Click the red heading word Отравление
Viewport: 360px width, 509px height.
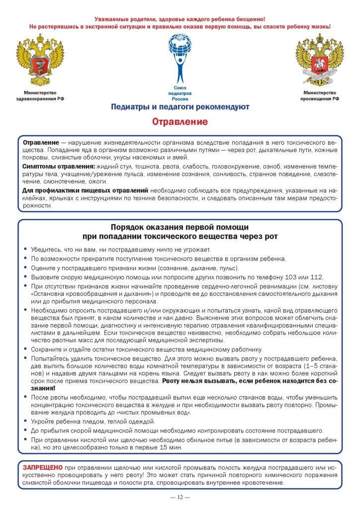tap(180, 122)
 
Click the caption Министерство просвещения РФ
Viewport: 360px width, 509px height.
tap(319, 96)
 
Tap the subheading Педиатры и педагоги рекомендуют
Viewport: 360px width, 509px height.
tap(180, 107)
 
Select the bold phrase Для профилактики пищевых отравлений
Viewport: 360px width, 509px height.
tap(85, 190)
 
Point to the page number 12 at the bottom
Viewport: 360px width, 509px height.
tap(180, 497)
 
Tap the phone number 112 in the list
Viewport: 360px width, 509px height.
tap(316, 277)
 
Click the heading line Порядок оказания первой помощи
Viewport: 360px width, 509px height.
tap(180, 226)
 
